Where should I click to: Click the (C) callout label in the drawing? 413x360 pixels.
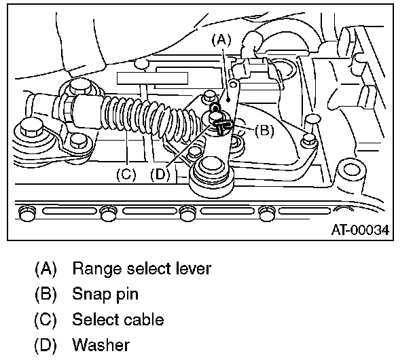pyautogui.click(x=126, y=174)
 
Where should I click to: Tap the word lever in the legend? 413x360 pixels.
pyautogui.click(x=194, y=269)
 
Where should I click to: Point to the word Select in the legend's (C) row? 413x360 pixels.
pyautogui.click(x=94, y=319)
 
